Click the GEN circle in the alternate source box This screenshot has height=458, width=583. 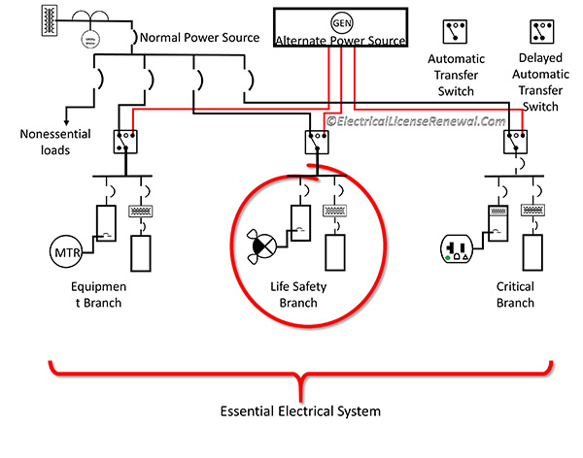pos(340,21)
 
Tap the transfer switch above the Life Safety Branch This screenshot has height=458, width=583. pos(313,143)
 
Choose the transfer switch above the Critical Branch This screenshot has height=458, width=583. pos(514,143)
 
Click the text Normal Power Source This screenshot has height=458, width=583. pos(200,38)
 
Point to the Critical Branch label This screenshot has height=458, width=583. pos(514,295)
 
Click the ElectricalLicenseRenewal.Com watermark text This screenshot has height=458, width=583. pos(415,121)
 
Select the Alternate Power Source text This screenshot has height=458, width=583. pos(340,41)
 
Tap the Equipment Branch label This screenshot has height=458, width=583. pos(93,295)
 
